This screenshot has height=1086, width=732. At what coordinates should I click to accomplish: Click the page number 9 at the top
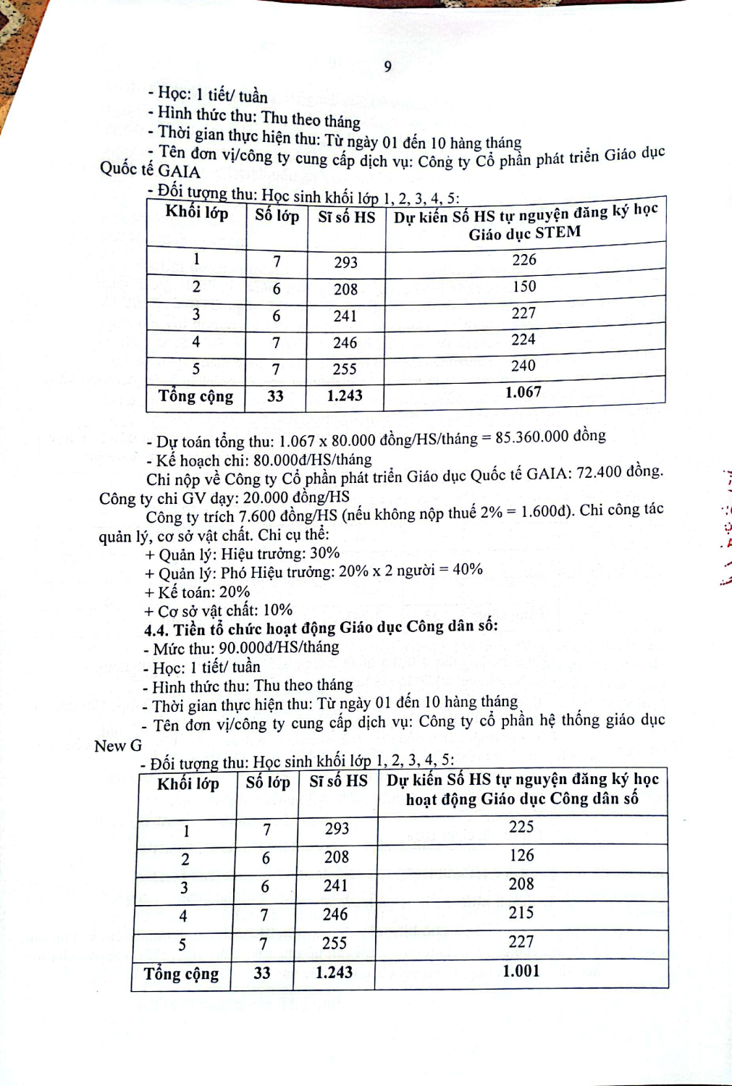pos(388,67)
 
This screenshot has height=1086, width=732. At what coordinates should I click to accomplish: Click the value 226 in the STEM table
pos(524,260)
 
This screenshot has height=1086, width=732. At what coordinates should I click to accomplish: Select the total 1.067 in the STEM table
pos(523,392)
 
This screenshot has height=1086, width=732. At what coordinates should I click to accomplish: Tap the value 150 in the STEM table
pos(524,287)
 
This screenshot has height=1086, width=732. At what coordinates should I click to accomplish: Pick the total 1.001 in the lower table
pos(521,971)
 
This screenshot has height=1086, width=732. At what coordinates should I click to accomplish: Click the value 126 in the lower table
pos(521,856)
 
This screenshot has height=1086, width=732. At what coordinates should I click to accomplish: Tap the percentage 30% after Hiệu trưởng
pos(324,554)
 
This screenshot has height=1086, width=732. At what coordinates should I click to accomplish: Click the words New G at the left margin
pos(118,746)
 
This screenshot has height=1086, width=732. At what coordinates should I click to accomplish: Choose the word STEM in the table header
pos(558,232)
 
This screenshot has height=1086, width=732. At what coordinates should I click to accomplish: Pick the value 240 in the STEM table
pos(523,366)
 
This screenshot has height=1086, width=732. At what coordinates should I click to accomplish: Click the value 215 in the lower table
pos(521,913)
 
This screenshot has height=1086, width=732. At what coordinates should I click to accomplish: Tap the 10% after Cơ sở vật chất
pos(277,610)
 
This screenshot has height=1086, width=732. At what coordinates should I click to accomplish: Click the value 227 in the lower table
pos(521,942)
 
